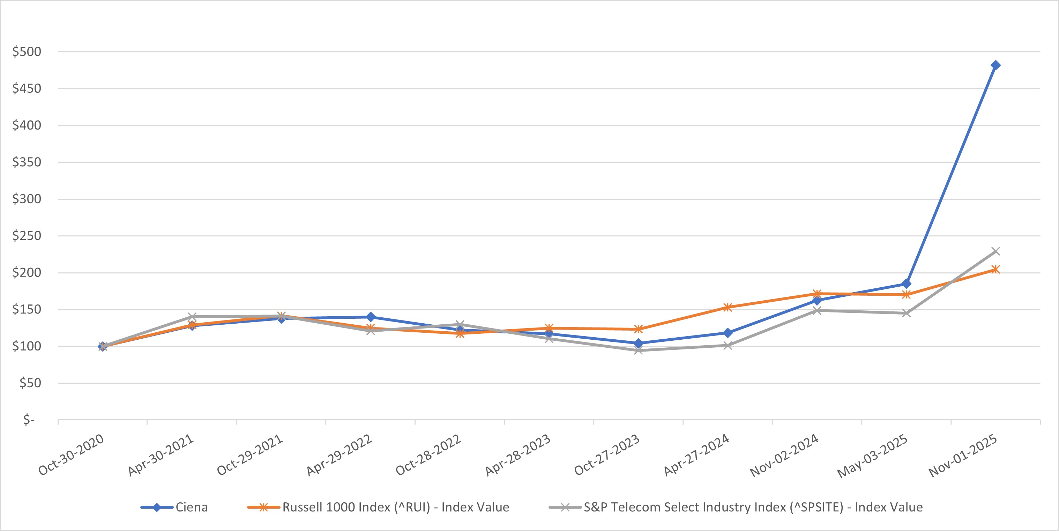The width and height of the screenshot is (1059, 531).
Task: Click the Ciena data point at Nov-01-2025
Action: [995, 65]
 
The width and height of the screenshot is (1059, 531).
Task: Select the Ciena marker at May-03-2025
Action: [906, 284]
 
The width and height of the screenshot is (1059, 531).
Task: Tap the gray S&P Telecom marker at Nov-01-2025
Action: [995, 251]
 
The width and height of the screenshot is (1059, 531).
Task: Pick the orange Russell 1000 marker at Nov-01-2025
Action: [995, 270]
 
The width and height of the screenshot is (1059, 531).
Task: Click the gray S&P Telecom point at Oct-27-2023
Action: [638, 351]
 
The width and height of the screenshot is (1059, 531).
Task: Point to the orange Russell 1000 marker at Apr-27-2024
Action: [727, 307]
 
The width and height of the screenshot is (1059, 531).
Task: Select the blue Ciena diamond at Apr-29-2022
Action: [371, 317]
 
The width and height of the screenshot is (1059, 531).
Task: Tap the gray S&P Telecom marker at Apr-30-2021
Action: [192, 317]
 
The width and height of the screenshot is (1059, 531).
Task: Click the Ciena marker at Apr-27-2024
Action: [727, 333]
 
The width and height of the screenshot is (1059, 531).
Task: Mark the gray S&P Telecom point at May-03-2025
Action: [906, 313]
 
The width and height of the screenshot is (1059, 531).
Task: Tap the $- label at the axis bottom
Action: [29, 420]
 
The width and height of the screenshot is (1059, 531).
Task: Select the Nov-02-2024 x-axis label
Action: [784, 455]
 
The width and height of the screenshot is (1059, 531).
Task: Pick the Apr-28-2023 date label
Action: [517, 455]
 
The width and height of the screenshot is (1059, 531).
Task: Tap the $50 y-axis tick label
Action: [30, 383]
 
